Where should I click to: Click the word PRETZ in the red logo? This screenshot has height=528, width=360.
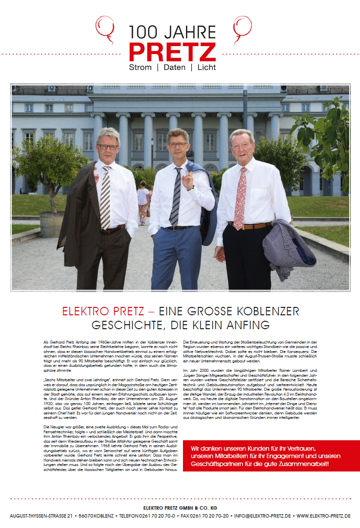point(172,52)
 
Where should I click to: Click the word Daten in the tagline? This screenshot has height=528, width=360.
point(174,67)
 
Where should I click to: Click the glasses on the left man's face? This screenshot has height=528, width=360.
point(108,146)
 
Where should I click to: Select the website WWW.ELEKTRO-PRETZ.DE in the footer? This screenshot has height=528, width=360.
point(323,516)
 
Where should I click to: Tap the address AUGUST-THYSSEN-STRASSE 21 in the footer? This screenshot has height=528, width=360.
point(41,516)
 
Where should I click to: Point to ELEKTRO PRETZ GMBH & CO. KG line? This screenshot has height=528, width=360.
point(180,508)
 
